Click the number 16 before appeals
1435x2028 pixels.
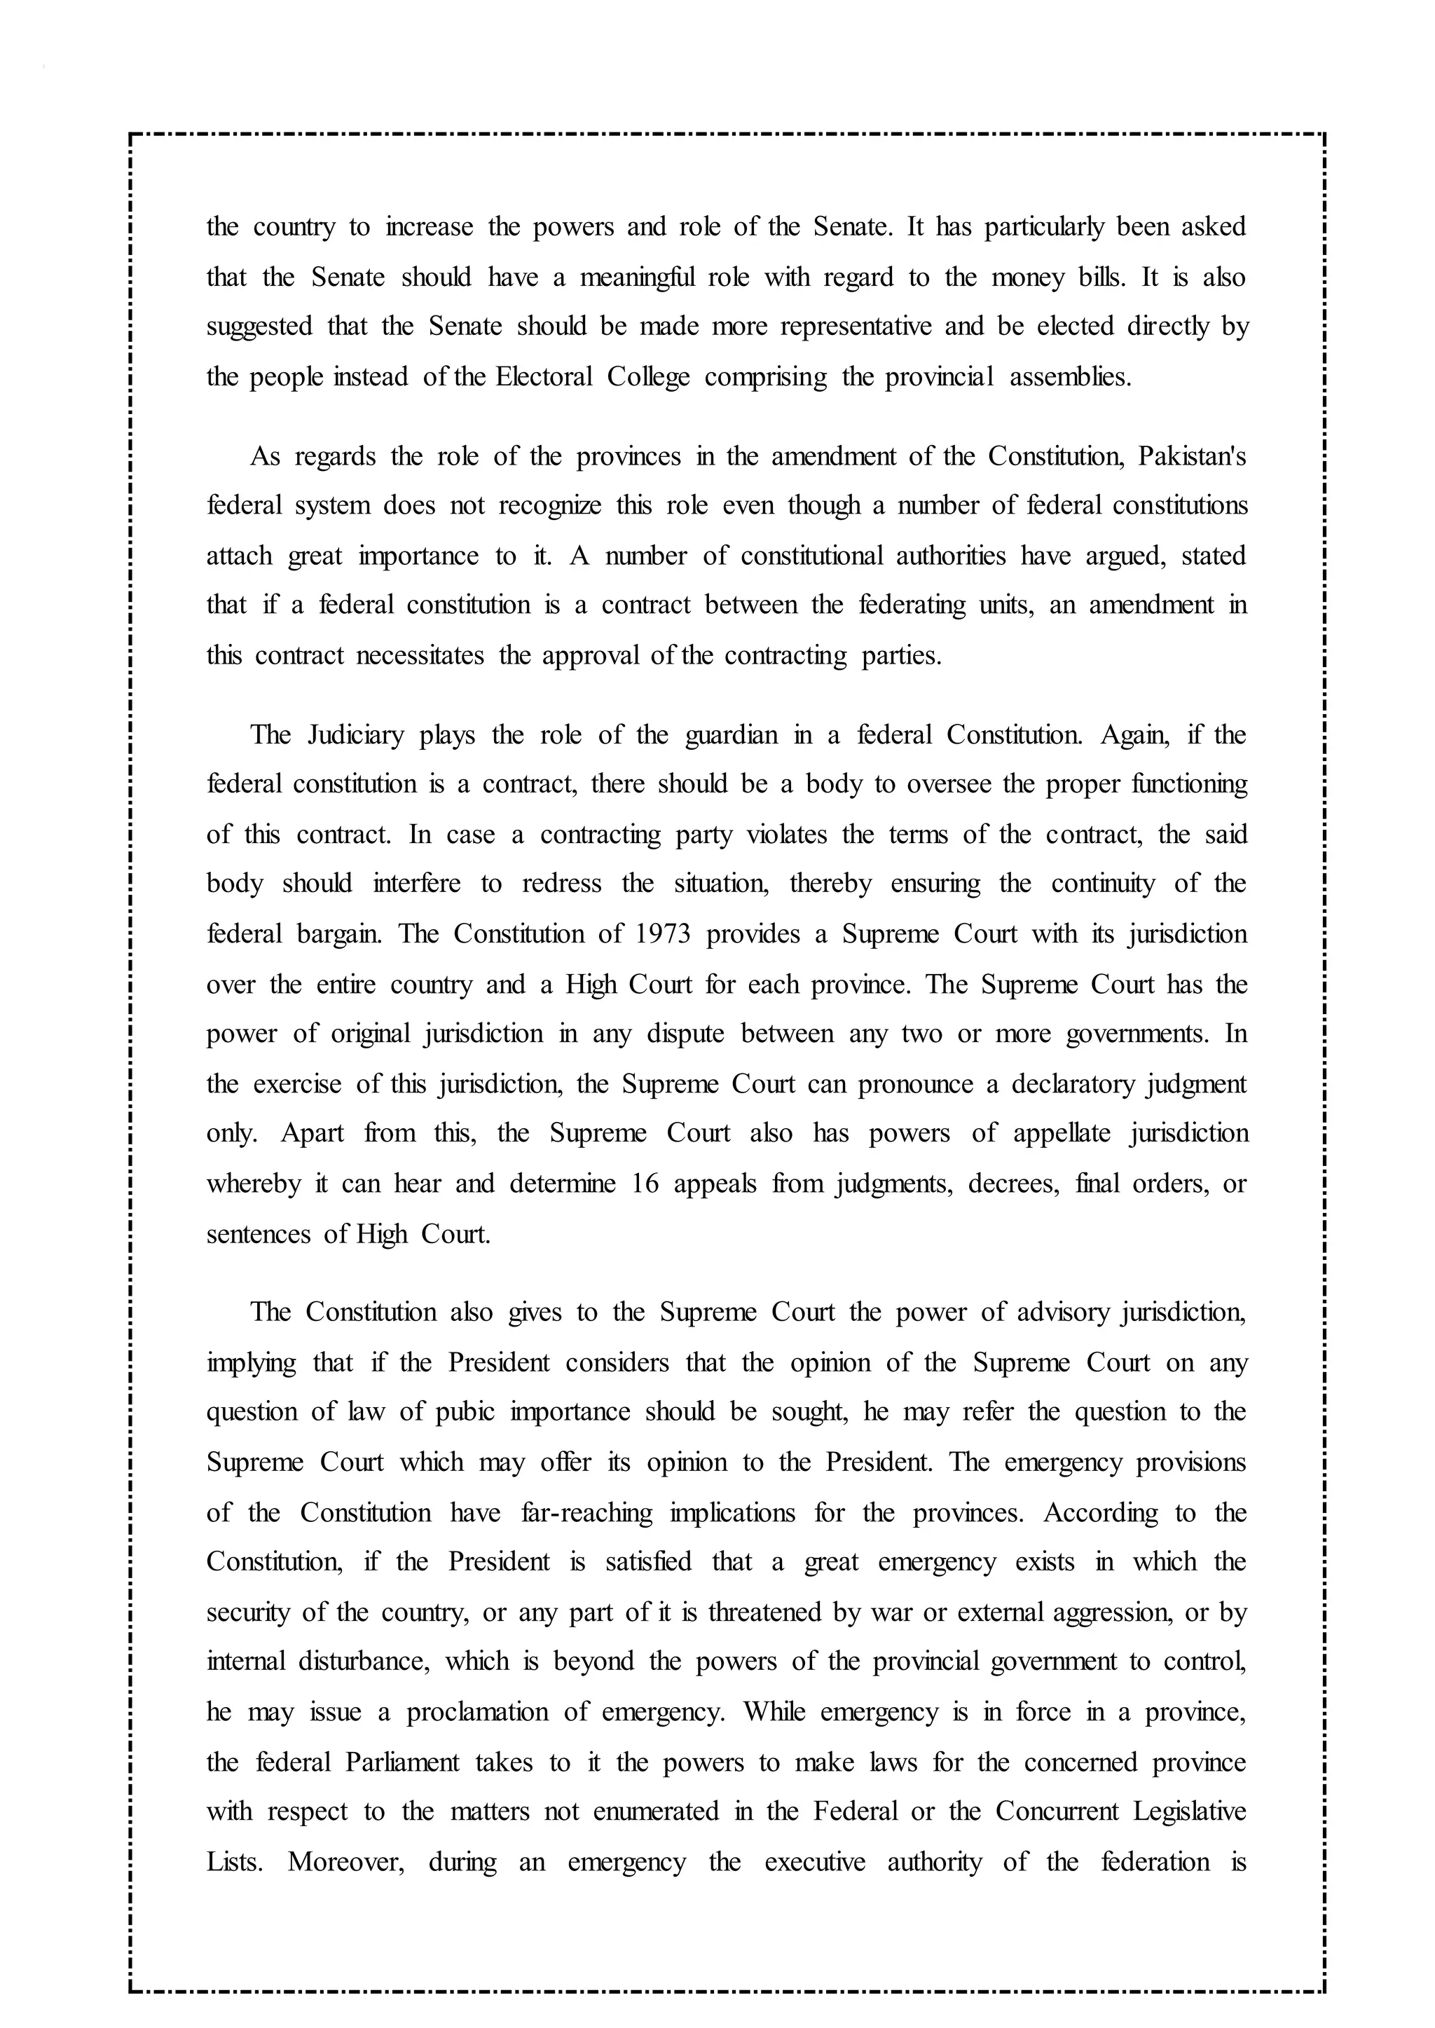pyautogui.click(x=646, y=1184)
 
